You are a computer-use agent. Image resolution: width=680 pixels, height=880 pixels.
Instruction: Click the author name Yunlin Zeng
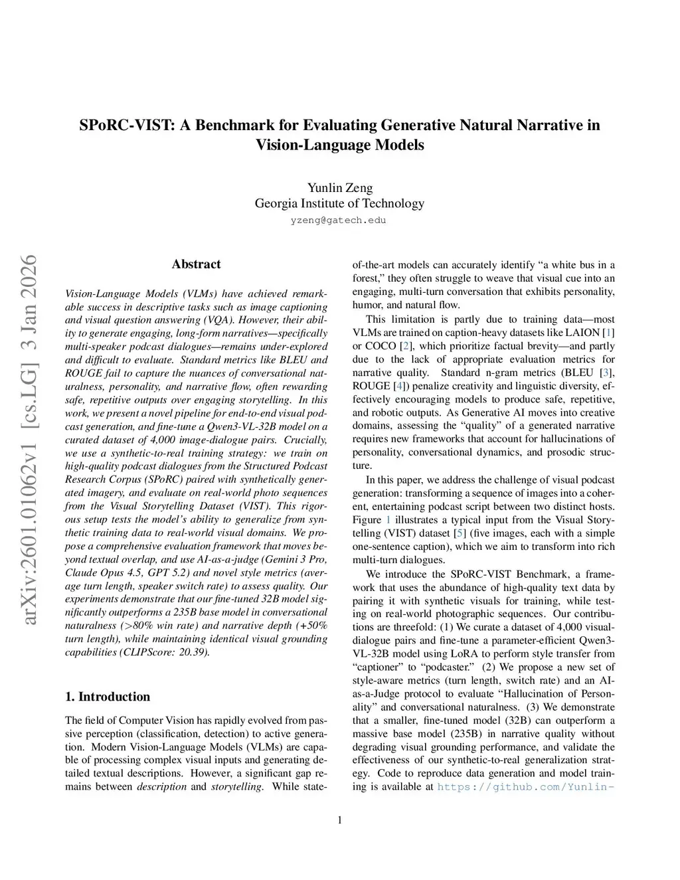tap(339, 187)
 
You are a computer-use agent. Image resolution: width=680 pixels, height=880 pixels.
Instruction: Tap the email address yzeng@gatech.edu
tap(339, 220)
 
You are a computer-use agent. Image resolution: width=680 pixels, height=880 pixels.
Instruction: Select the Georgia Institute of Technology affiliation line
tap(339, 203)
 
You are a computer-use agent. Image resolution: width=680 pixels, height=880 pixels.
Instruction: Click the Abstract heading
tap(196, 264)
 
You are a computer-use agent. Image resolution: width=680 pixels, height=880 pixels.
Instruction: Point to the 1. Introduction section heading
tap(108, 696)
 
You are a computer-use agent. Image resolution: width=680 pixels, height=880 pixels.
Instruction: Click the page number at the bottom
tap(340, 820)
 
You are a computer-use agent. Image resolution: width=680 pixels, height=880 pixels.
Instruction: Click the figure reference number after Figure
tap(388, 519)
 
